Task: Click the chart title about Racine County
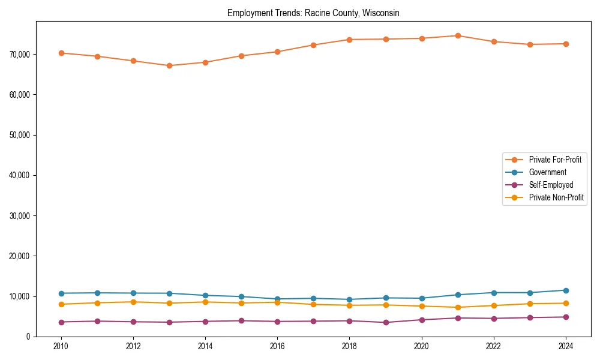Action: (x=313, y=13)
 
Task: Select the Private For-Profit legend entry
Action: (x=554, y=160)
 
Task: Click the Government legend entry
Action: (x=547, y=172)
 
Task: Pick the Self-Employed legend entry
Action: (x=551, y=185)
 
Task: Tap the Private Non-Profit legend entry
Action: (x=556, y=197)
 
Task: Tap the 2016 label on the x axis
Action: (x=277, y=346)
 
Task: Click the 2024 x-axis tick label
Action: (x=566, y=346)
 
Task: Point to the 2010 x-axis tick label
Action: (x=61, y=346)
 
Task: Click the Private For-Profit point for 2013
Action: (x=169, y=65)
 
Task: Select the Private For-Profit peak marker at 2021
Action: (x=458, y=35)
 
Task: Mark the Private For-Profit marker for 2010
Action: (x=61, y=53)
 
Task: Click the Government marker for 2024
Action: (x=566, y=290)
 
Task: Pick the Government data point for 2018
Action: (x=349, y=299)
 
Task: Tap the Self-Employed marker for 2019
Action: (x=386, y=322)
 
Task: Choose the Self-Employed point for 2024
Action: (x=566, y=317)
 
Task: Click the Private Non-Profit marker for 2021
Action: (x=458, y=307)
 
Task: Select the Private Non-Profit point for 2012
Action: (x=133, y=302)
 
